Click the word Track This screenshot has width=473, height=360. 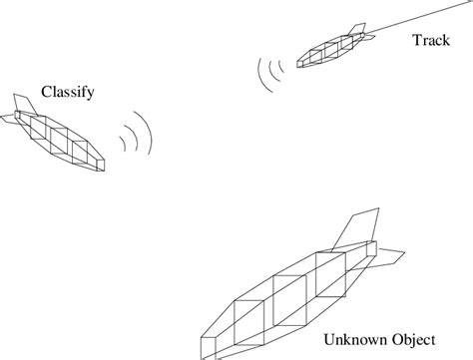tap(431, 40)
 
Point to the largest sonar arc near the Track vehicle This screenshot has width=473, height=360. tap(262, 76)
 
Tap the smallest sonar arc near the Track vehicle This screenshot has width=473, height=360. tap(282, 68)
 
